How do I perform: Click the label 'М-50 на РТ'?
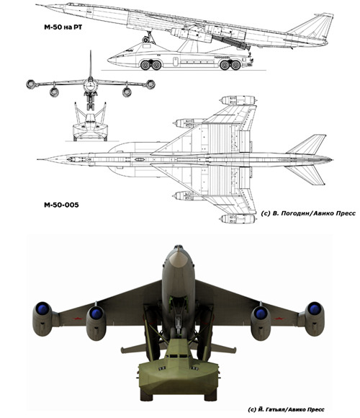click(63, 27)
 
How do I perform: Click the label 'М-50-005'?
click(61, 205)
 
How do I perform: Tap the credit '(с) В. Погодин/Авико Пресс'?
click(308, 213)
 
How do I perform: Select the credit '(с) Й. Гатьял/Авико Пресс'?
click(286, 409)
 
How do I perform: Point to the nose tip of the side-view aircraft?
click(37, 5)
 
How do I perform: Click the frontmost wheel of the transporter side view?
click(145, 65)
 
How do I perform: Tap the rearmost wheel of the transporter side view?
click(235, 65)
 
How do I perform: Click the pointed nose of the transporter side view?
click(109, 61)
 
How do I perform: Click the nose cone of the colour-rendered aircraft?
click(178, 259)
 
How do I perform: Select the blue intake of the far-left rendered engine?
click(42, 308)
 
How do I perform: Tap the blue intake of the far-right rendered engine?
click(315, 308)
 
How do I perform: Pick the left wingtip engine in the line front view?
click(31, 84)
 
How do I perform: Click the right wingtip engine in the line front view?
click(150, 84)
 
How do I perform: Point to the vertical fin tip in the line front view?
click(91, 51)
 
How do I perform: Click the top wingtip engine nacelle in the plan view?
click(238, 100)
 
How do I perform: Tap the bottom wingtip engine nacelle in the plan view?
click(238, 219)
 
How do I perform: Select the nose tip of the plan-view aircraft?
click(38, 159)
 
